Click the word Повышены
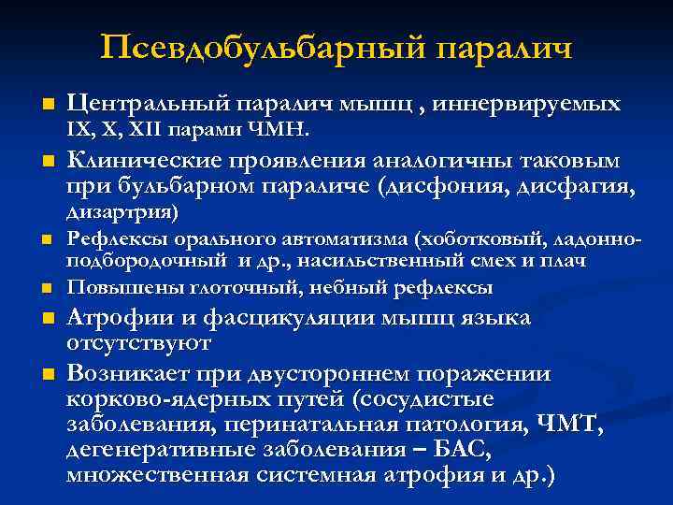pyautogui.click(x=115, y=286)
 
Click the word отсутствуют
pyautogui.click(x=139, y=342)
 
